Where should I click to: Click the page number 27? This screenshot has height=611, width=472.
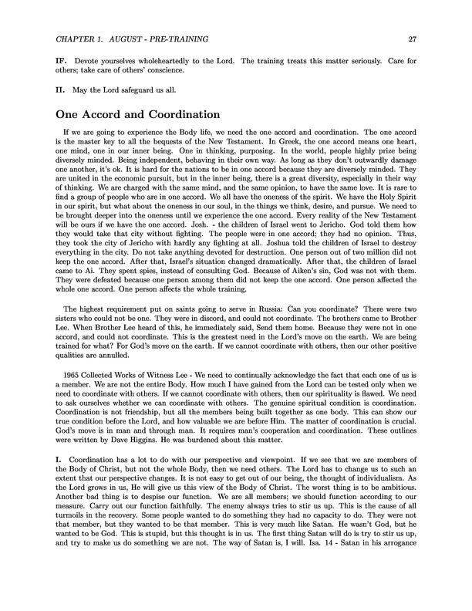click(x=414, y=39)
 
